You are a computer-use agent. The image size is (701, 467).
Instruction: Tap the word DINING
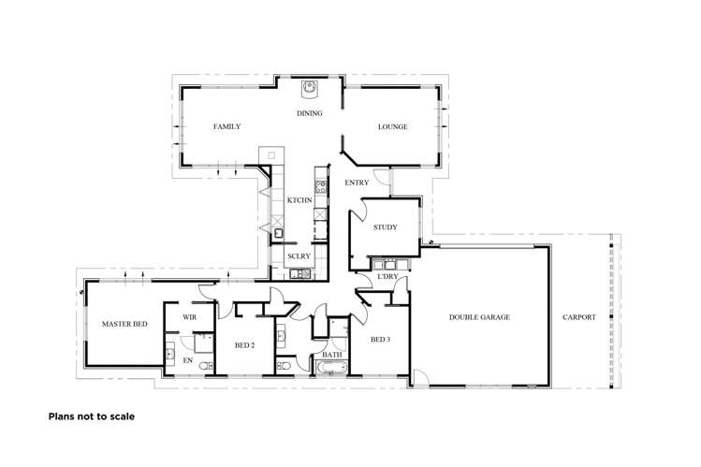(x=310, y=113)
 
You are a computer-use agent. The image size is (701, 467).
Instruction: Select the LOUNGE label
(x=392, y=126)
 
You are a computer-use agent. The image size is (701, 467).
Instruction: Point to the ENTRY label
(x=357, y=182)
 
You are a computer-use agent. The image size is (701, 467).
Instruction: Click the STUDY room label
(x=386, y=227)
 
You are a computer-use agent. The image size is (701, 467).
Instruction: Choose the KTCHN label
(x=299, y=201)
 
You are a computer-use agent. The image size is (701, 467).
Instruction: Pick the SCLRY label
(x=299, y=256)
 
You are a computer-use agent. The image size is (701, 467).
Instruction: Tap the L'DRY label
(x=387, y=277)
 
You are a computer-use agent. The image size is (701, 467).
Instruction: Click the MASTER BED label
(x=124, y=324)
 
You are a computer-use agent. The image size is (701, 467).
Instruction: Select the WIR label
(x=189, y=318)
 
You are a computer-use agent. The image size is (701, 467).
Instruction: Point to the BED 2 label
(x=245, y=345)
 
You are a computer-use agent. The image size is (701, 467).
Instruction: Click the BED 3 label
(x=380, y=339)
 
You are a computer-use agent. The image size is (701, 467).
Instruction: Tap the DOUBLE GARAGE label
(x=479, y=317)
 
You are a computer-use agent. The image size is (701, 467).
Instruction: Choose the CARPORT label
(x=579, y=317)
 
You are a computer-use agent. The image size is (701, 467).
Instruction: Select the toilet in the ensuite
(x=169, y=354)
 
